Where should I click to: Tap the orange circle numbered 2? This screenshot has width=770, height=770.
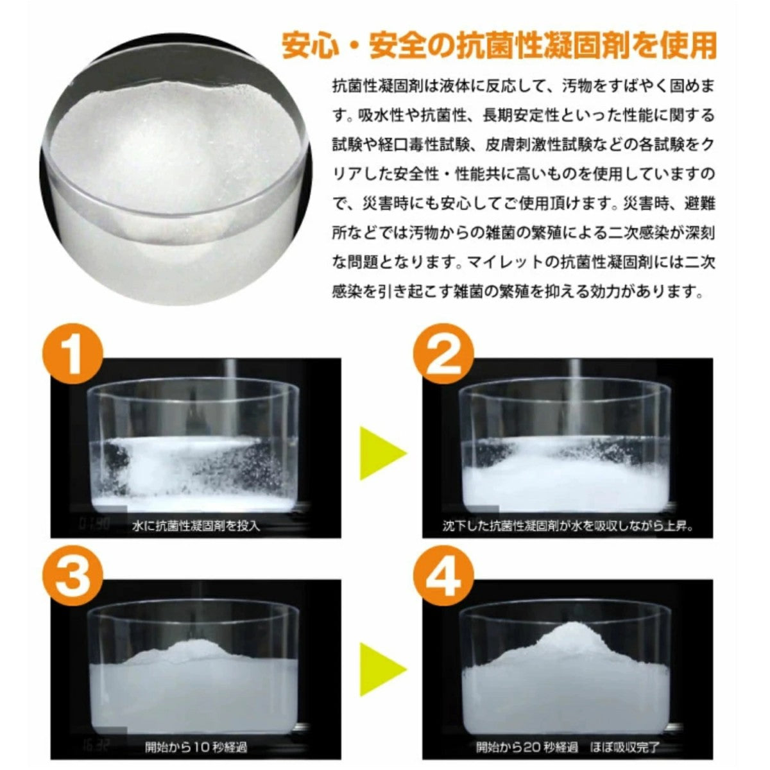445,355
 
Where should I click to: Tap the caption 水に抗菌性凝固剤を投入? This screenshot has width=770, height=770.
196,526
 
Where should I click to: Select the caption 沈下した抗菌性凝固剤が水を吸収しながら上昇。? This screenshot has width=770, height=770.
569,526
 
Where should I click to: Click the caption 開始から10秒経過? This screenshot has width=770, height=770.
196,747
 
